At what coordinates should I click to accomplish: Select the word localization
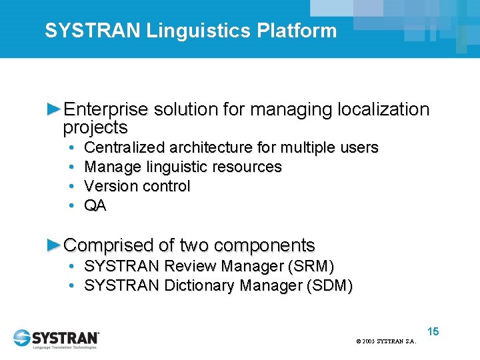(x=384, y=109)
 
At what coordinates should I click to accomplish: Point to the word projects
(x=95, y=127)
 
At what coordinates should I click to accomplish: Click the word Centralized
(x=125, y=147)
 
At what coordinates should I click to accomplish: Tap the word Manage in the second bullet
(x=109, y=167)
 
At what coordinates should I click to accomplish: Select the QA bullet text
(x=95, y=206)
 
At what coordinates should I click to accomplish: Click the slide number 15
(x=433, y=331)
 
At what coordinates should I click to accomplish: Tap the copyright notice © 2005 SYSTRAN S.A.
(x=386, y=341)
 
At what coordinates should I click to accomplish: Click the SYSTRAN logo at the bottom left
(x=57, y=338)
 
